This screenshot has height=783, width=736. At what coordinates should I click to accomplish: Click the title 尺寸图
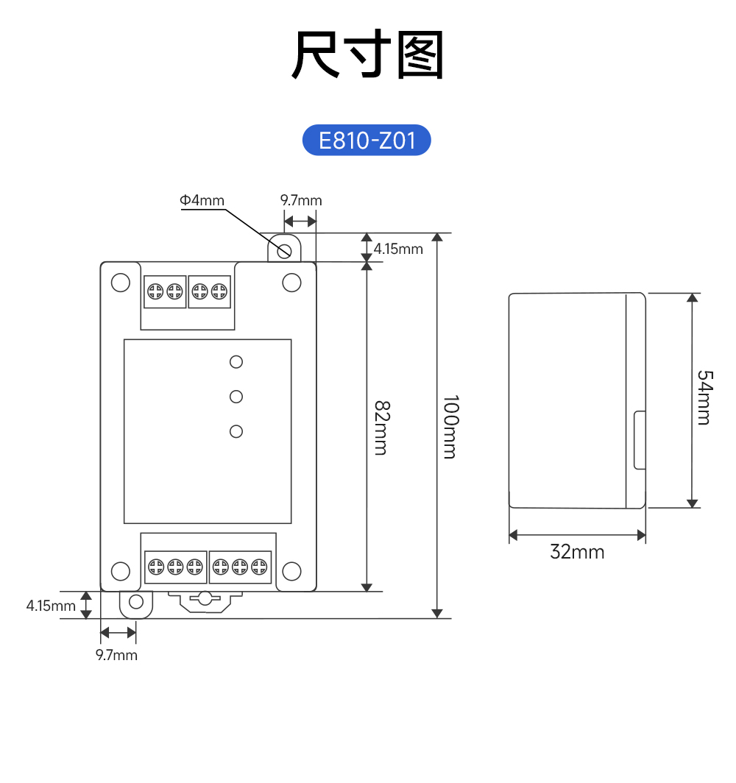pyautogui.click(x=368, y=55)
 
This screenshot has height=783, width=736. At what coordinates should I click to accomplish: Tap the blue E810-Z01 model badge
pyautogui.click(x=367, y=140)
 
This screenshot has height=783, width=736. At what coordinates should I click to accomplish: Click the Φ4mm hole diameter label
pyautogui.click(x=201, y=200)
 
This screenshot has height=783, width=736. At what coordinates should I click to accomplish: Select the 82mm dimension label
pyautogui.click(x=380, y=428)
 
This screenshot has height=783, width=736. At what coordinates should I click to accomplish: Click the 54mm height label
pyautogui.click(x=704, y=397)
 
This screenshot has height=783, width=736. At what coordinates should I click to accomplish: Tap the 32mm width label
pyautogui.click(x=577, y=551)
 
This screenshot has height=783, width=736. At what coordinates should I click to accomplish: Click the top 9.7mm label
pyautogui.click(x=301, y=200)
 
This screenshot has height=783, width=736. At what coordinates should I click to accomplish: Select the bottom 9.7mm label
pyautogui.click(x=116, y=655)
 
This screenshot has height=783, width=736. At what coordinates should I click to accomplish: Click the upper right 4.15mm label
pyautogui.click(x=398, y=249)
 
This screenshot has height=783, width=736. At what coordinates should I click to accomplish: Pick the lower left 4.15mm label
pyautogui.click(x=51, y=606)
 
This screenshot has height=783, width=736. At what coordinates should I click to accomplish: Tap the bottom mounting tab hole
pyautogui.click(x=136, y=603)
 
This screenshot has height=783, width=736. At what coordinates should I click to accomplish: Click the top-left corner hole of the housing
pyautogui.click(x=120, y=283)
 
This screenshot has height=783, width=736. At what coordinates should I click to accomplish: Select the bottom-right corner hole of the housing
pyautogui.click(x=292, y=570)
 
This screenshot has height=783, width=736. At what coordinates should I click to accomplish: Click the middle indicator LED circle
pyautogui.click(x=236, y=397)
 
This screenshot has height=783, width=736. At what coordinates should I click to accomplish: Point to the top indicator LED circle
pyautogui.click(x=236, y=361)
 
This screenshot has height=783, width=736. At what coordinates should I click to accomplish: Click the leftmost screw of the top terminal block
pyautogui.click(x=155, y=291)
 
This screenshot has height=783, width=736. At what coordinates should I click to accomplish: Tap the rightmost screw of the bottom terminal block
pyautogui.click(x=258, y=567)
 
